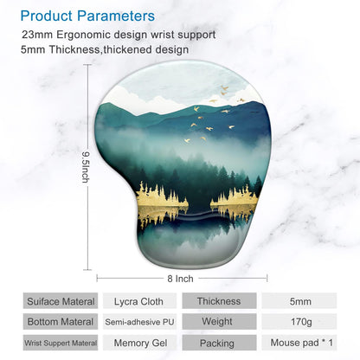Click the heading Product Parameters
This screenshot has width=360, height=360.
(88, 16)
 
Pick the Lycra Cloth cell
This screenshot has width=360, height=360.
(138, 302)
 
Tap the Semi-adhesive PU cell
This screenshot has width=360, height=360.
(138, 322)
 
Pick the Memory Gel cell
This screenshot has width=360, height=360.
(138, 342)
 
